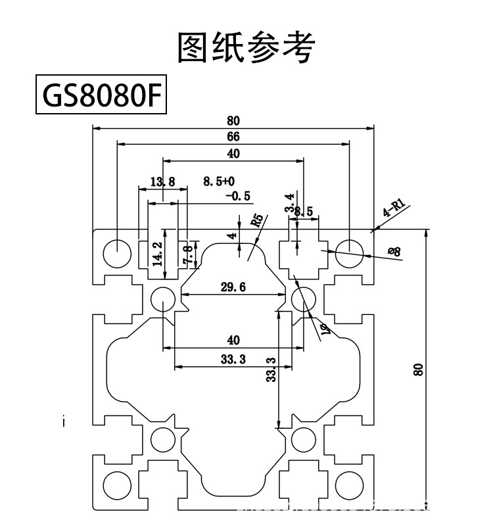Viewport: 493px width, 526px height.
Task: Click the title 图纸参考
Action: [246, 47]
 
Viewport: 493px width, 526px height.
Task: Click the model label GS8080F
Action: [99, 97]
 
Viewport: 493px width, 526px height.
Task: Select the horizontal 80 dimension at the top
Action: [233, 120]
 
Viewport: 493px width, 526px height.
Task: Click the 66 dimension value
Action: [233, 137]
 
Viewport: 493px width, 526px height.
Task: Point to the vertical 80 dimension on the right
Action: [417, 370]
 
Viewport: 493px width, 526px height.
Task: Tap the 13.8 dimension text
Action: [162, 181]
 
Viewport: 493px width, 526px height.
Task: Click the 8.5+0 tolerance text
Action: [219, 181]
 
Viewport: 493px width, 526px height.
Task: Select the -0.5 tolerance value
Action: [237, 196]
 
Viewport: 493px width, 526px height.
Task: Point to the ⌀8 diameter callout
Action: [394, 251]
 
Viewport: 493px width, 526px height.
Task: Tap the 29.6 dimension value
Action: [233, 287]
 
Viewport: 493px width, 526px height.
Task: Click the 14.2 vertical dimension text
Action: [157, 253]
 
